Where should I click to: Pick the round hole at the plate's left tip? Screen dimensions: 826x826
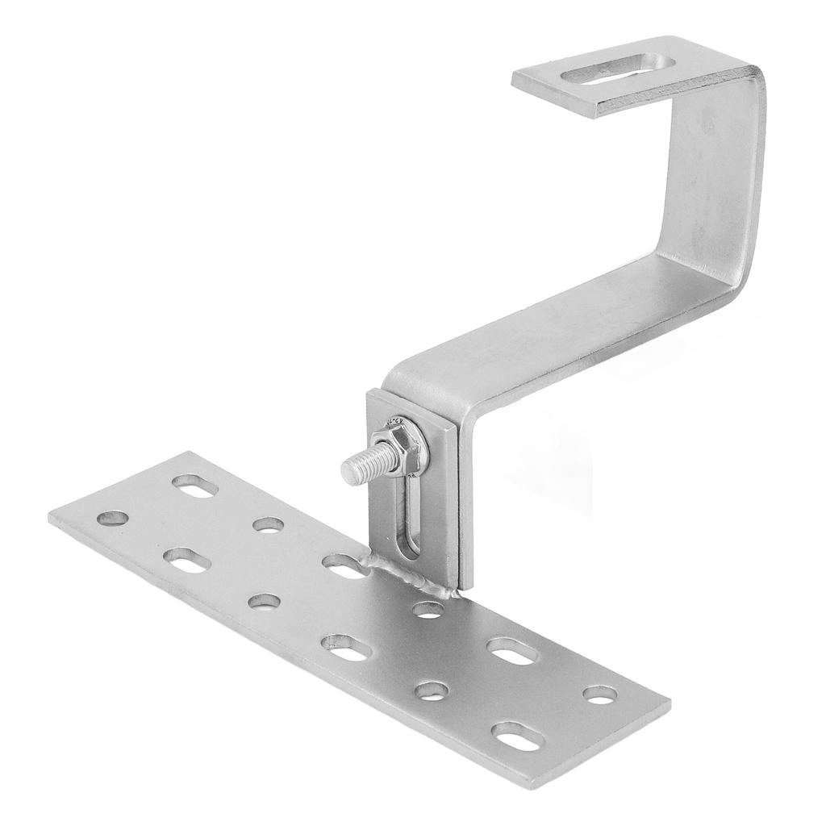coord(113,517)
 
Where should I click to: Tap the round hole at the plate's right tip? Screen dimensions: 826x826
coord(599,695)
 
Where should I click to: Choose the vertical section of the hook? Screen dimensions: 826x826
coord(710,177)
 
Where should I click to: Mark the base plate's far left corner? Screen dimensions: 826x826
coord(50,517)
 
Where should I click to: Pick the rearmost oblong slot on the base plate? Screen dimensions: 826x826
coord(194,486)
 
